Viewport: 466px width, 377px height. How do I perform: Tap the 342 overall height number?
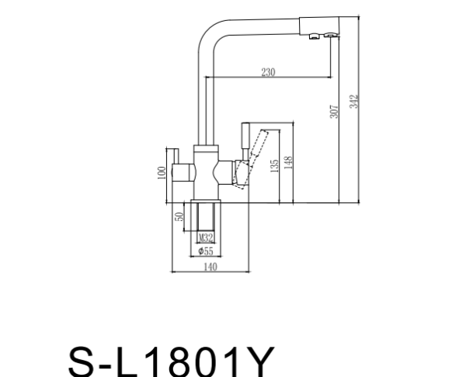[x=353, y=102]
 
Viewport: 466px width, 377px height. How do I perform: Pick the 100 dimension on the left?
[x=161, y=171]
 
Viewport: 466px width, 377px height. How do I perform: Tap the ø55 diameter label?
[x=206, y=251]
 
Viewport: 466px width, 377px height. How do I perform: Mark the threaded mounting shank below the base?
[x=206, y=221]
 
